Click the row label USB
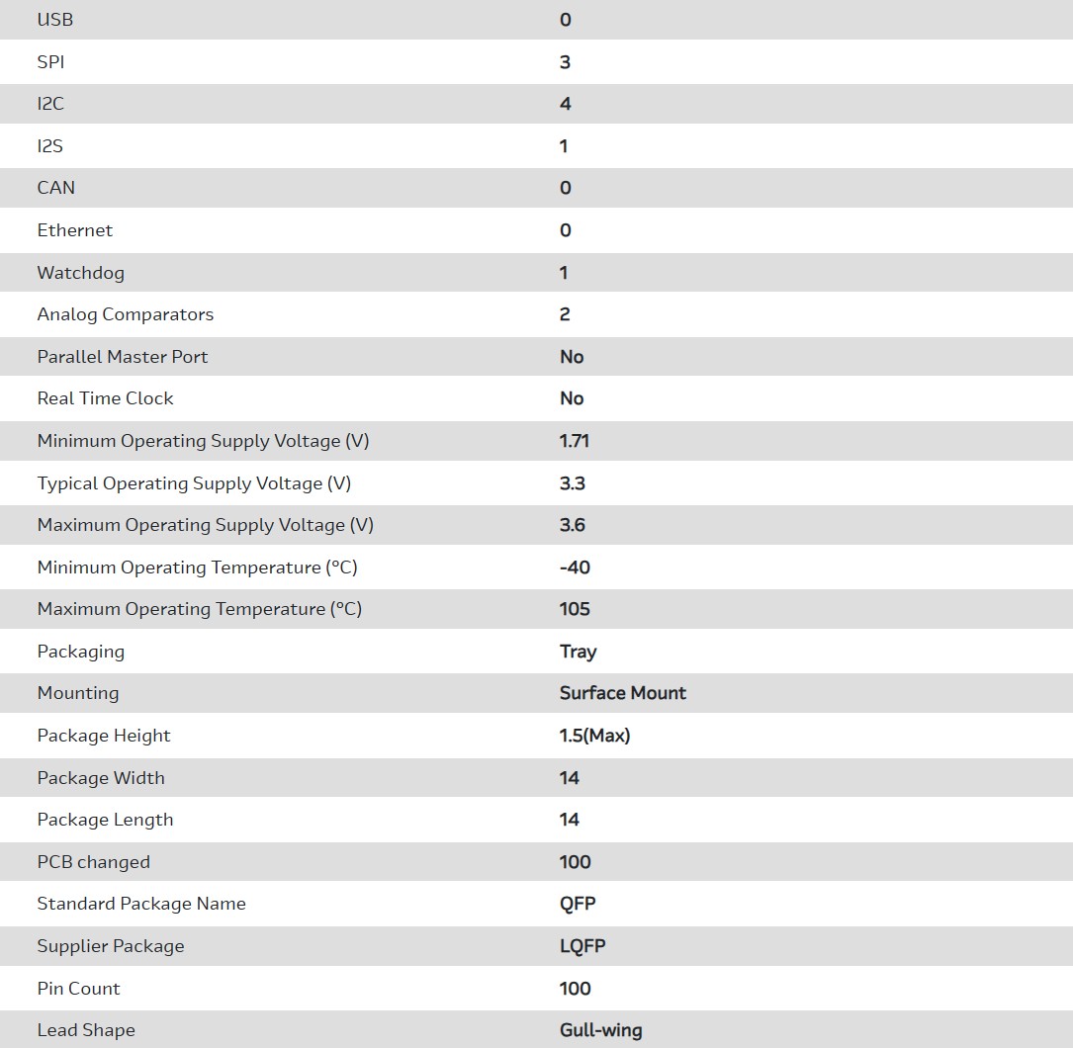[55, 20]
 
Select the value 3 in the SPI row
[565, 62]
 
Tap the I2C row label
[50, 104]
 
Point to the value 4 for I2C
[565, 104]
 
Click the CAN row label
[56, 188]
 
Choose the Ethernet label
[75, 230]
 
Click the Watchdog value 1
[564, 273]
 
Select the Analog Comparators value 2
[565, 314]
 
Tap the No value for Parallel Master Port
[572, 357]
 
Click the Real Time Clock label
[106, 398]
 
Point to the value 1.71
[575, 441]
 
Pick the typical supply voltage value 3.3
[573, 483]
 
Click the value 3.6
[573, 525]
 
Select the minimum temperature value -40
[575, 568]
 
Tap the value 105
[575, 609]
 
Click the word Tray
[579, 652]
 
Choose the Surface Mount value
[623, 693]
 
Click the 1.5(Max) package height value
[594, 736]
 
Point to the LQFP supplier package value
[582, 946]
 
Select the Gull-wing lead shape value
[600, 1030]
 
